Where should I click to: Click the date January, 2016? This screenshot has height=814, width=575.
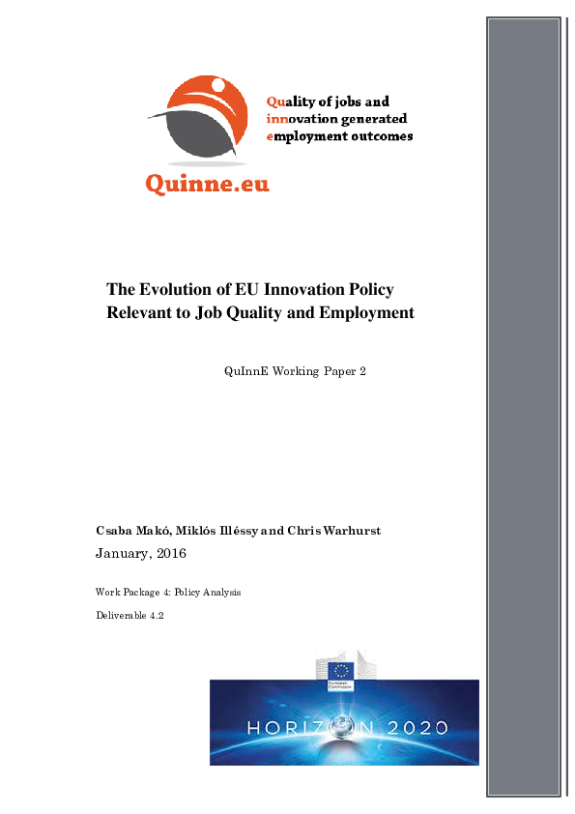pyautogui.click(x=140, y=554)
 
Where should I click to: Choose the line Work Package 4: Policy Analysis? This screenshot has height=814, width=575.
pyautogui.click(x=167, y=592)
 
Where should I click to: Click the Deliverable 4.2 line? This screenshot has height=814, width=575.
pyautogui.click(x=129, y=615)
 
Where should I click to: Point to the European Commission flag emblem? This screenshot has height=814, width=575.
pyautogui.click(x=340, y=671)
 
